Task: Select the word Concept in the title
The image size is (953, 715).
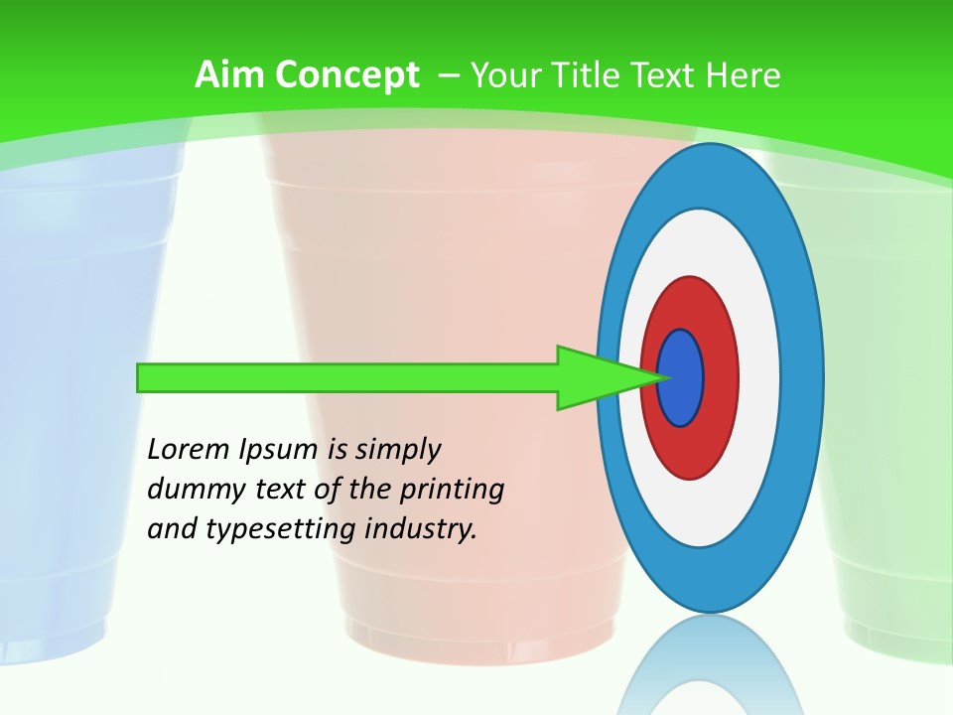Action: tap(346, 75)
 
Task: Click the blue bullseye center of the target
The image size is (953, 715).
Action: tap(680, 378)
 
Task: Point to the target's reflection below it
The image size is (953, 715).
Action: tap(709, 665)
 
